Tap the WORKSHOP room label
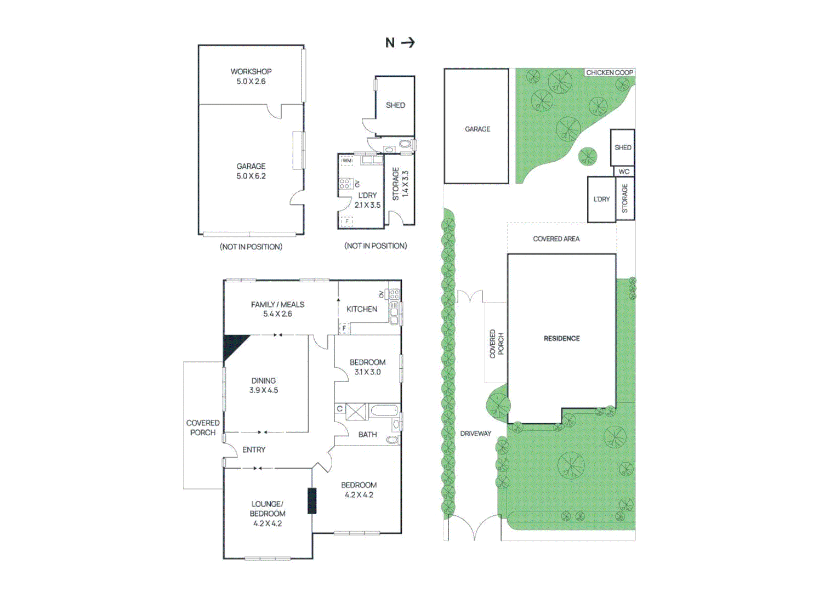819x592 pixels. [251, 71]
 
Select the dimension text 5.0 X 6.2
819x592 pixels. [251, 176]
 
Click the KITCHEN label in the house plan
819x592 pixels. [362, 309]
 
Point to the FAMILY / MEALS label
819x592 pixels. [277, 304]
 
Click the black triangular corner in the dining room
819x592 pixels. [232, 345]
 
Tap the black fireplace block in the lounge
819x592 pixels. [312, 500]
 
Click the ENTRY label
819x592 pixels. [254, 449]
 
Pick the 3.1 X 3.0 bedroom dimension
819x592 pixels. [367, 372]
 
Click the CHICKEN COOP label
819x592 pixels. [610, 72]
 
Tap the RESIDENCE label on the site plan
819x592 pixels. [561, 338]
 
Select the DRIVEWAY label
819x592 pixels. [475, 434]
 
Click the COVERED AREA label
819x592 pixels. [556, 239]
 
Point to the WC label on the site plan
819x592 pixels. [624, 172]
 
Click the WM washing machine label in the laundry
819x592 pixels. [347, 161]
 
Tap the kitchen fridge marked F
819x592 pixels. [344, 328]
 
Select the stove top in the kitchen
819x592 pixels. [394, 294]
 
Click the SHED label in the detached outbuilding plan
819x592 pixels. [395, 105]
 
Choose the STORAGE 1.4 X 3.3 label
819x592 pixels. [400, 184]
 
